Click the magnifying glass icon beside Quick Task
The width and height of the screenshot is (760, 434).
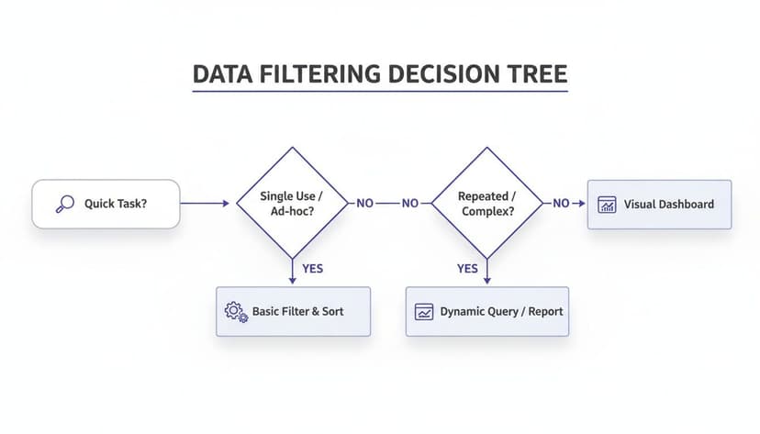(x=64, y=204)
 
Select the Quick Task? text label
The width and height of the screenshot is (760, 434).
(x=116, y=204)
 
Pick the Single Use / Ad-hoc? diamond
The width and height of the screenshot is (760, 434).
(x=292, y=204)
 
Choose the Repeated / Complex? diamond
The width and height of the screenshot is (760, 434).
(x=486, y=204)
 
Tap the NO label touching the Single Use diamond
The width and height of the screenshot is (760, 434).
(x=364, y=204)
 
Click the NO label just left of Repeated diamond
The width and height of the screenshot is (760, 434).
(x=410, y=204)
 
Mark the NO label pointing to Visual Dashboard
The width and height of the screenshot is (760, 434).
(x=561, y=204)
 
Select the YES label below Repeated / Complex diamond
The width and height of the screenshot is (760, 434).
(x=467, y=269)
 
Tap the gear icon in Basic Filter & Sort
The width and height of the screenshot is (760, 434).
(x=236, y=311)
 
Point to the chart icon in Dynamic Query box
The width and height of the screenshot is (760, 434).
(x=424, y=311)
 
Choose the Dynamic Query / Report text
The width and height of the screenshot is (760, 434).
(x=501, y=311)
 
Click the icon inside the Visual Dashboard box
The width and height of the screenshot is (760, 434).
(x=607, y=204)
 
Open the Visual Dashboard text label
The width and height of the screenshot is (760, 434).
(x=668, y=204)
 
